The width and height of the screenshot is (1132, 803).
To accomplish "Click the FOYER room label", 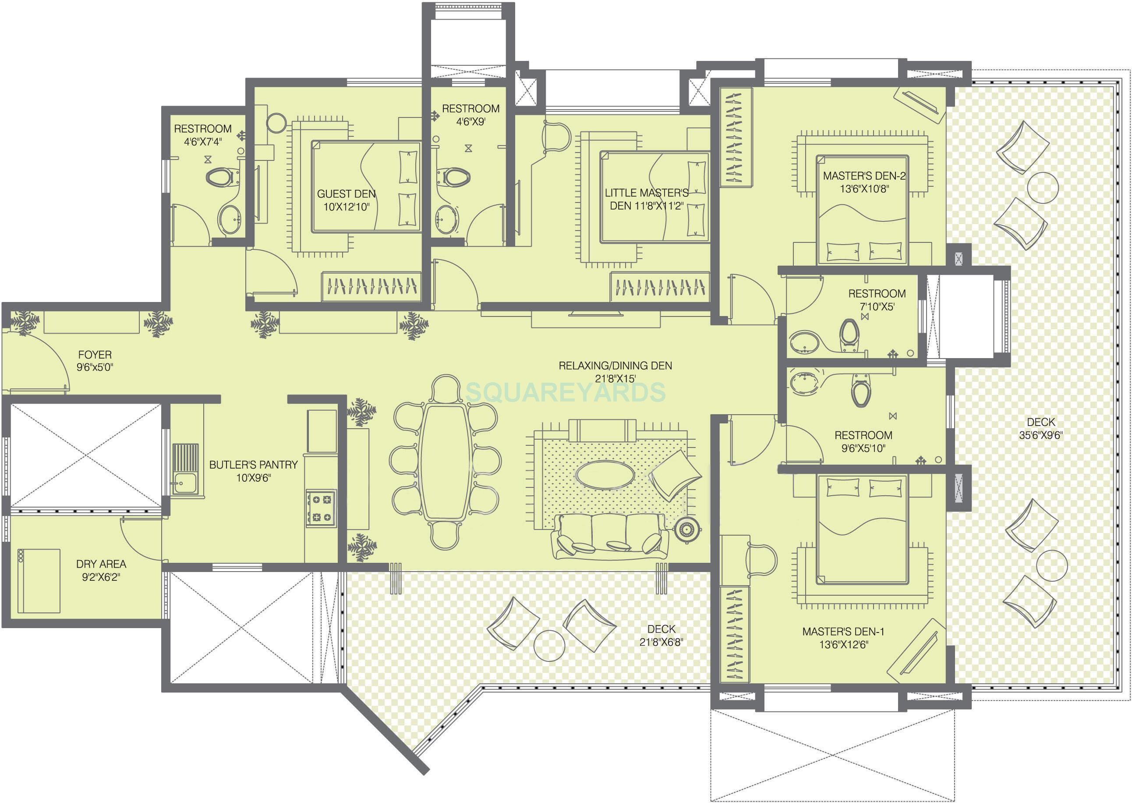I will coord(95,355).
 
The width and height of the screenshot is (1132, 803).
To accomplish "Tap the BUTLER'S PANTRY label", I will coord(254,465).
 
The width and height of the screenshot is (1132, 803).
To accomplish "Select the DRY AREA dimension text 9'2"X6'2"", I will coord(101,577).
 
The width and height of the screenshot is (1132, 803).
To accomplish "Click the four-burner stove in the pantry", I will coord(321,508).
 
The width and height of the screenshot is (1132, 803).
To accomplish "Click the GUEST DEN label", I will coord(346,194).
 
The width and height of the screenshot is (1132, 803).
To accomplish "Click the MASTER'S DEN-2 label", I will coord(864,175).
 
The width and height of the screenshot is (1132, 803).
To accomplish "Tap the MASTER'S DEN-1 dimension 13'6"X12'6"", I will coord(843,644).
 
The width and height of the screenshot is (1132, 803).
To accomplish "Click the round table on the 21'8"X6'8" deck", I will coord(549,645).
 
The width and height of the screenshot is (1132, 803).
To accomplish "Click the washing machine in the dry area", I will coord(39,580).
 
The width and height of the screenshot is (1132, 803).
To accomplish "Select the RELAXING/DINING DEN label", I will coord(615,366).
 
